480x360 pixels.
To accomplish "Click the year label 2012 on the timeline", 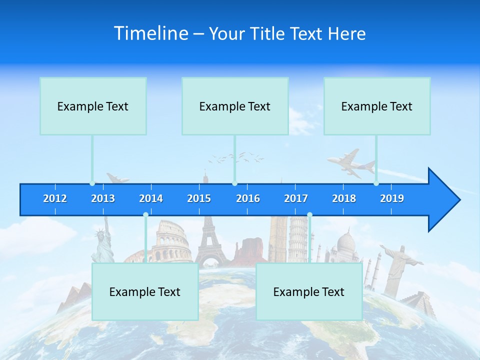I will pos(55,198).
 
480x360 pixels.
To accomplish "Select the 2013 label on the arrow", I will pos(103,198).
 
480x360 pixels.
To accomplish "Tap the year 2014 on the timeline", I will pos(151,198).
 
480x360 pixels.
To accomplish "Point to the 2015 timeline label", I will pos(199,198).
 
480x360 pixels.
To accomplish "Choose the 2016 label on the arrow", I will pos(248,198).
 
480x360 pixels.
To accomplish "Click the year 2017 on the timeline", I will pos(296,198).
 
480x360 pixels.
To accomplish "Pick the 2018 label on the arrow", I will pos(344,198).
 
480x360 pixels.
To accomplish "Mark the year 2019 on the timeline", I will pos(392,198).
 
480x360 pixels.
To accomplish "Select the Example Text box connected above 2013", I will pos(93,106).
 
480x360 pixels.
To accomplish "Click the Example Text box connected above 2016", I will pos(235,106).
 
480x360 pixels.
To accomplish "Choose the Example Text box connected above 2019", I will pos(377,106).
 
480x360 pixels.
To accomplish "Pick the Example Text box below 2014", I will pos(145,291).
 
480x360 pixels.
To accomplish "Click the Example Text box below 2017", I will pos(309,291).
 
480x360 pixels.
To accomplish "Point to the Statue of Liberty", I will pos(102,242).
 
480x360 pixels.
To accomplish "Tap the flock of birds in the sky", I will pos(237,157).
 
